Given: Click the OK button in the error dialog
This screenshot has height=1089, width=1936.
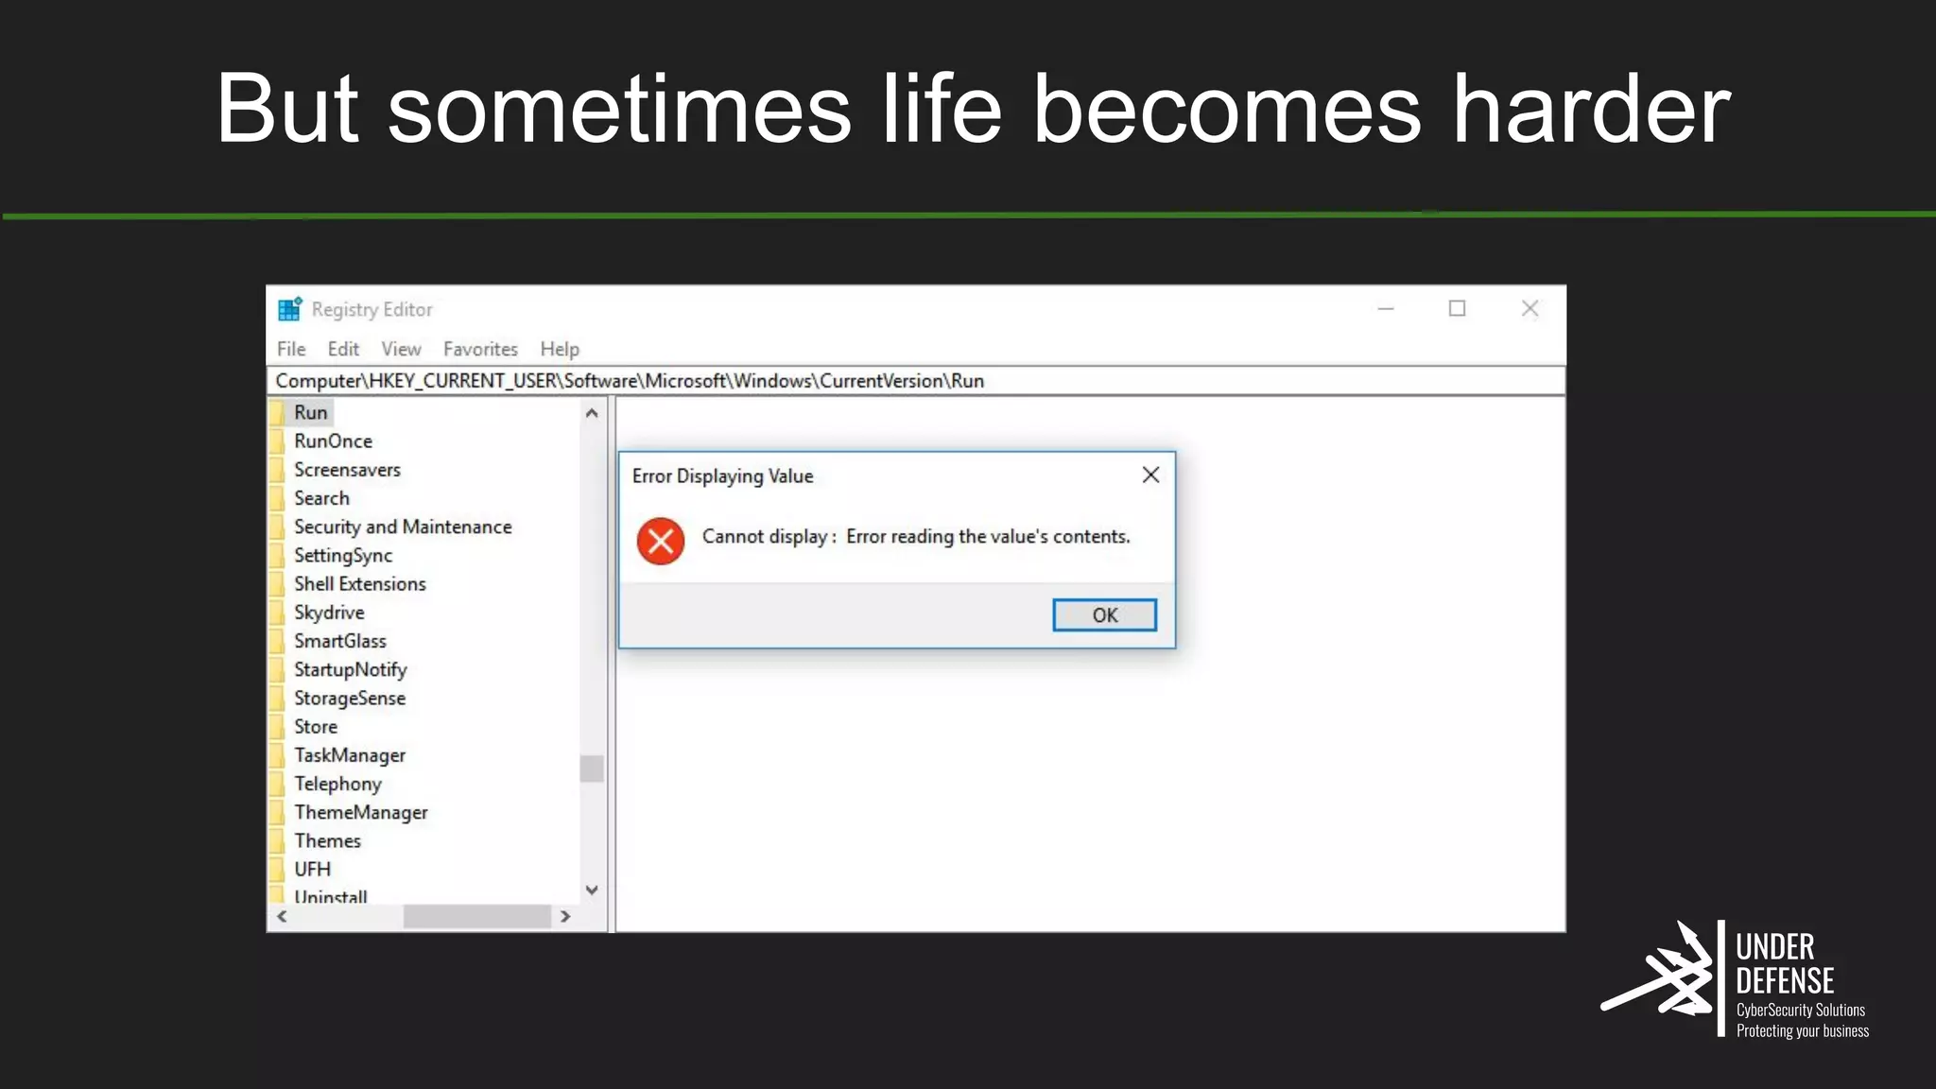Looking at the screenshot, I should (1104, 615).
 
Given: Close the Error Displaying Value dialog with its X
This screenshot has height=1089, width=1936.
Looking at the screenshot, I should (1150, 475).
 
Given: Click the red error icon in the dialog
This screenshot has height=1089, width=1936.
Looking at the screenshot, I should (661, 541).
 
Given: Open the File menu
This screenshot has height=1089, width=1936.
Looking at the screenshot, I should (291, 349).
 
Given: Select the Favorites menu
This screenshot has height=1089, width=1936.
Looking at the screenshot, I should (480, 349).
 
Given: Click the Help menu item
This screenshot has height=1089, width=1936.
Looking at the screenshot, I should (560, 349).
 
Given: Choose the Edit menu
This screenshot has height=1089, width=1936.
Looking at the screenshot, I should (343, 349).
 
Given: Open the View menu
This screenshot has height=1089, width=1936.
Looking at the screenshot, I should (401, 349).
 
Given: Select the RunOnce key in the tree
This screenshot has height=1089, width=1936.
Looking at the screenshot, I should (333, 441).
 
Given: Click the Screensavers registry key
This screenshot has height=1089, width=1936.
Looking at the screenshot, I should (347, 470).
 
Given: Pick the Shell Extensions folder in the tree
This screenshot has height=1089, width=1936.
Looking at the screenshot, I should (359, 584).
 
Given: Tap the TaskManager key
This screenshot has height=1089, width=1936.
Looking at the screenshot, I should (349, 755).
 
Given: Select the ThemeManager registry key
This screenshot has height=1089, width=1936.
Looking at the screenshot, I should (360, 813).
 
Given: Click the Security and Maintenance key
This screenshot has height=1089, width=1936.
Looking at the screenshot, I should (403, 527).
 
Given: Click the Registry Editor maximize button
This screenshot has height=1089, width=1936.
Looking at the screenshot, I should (1457, 309).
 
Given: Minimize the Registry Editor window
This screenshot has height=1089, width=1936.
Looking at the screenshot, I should (1386, 309).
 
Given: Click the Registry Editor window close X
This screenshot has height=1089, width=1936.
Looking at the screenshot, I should (1530, 309).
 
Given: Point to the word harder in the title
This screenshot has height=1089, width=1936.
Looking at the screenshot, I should (1591, 110).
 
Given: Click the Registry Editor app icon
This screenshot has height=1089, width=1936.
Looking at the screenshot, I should (289, 309).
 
